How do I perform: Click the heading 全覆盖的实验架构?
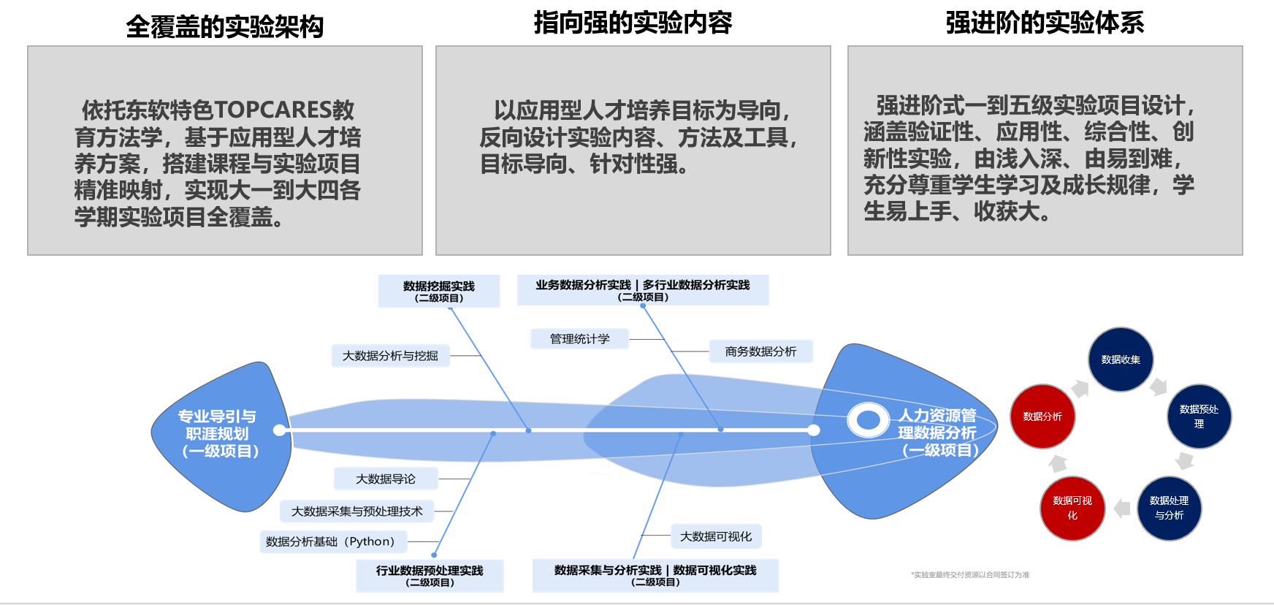(x=224, y=27)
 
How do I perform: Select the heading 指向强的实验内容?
(x=633, y=23)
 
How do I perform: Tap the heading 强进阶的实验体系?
(x=1045, y=23)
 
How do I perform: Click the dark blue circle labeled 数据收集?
(x=1121, y=359)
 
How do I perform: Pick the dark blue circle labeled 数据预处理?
(x=1199, y=416)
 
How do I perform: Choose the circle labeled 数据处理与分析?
(x=1169, y=509)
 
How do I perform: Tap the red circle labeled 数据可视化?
(x=1072, y=509)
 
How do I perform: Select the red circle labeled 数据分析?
(x=1042, y=416)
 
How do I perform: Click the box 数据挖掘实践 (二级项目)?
(x=439, y=291)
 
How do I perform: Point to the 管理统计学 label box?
(x=579, y=339)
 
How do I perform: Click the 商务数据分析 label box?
(x=760, y=351)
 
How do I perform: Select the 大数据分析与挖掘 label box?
(x=390, y=356)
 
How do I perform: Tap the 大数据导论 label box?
(x=386, y=479)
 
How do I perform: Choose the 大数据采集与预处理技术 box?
(x=356, y=511)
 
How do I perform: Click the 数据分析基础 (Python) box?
(x=330, y=541)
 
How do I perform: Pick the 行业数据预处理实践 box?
(x=430, y=576)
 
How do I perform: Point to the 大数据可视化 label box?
(x=716, y=536)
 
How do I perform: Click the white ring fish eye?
(x=868, y=420)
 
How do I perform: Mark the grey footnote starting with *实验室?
(x=969, y=575)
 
